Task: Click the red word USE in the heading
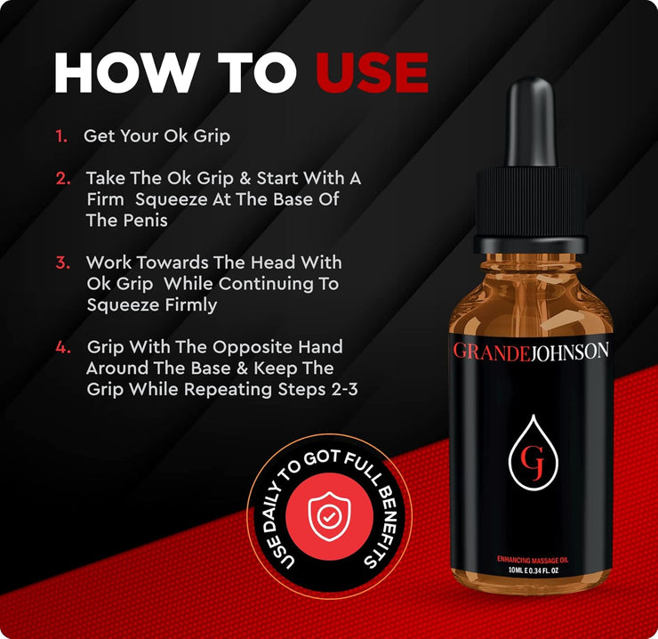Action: [372, 73]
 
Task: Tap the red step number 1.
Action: [61, 136]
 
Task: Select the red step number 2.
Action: [63, 178]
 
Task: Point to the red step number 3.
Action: [63, 263]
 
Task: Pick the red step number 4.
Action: [63, 347]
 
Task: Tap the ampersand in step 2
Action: [245, 178]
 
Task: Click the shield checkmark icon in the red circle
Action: [329, 516]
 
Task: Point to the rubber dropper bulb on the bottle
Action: [532, 123]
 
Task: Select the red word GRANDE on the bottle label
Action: [492, 352]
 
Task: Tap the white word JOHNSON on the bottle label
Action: [569, 352]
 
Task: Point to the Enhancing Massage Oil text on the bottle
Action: [533, 560]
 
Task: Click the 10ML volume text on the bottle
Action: [515, 570]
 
